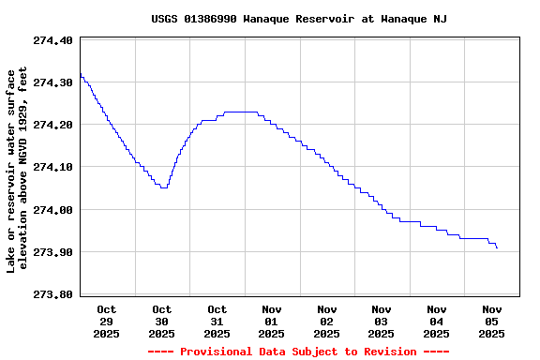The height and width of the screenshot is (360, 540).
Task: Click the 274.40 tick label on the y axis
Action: pyautogui.click(x=52, y=40)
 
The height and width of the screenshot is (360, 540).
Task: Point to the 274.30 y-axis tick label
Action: pyautogui.click(x=52, y=82)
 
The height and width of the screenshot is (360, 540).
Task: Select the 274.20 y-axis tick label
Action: pyautogui.click(x=52, y=125)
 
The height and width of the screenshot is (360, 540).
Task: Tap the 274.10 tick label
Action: pyautogui.click(x=52, y=167)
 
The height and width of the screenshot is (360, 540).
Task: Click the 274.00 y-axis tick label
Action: pyautogui.click(x=52, y=210)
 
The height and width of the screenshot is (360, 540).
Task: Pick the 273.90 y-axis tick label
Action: pyautogui.click(x=52, y=252)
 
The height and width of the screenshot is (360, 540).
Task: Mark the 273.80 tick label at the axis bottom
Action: pyautogui.click(x=52, y=294)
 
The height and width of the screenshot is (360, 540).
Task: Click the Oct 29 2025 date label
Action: pyautogui.click(x=107, y=321)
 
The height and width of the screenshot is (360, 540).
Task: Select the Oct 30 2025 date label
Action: pyautogui.click(x=162, y=321)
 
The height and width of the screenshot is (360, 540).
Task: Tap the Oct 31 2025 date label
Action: pyautogui.click(x=217, y=321)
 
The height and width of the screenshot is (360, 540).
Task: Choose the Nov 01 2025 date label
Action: pyautogui.click(x=272, y=321)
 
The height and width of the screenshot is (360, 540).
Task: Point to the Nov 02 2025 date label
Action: pyautogui.click(x=327, y=321)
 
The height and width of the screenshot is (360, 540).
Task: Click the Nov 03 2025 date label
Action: pyautogui.click(x=382, y=321)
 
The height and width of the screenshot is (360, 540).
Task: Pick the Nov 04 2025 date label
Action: pyautogui.click(x=437, y=321)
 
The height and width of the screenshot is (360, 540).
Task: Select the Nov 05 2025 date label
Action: pyautogui.click(x=492, y=321)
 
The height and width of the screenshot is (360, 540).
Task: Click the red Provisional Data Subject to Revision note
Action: pyautogui.click(x=299, y=352)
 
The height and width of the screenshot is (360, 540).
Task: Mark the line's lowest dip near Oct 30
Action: pyautogui.click(x=164, y=187)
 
